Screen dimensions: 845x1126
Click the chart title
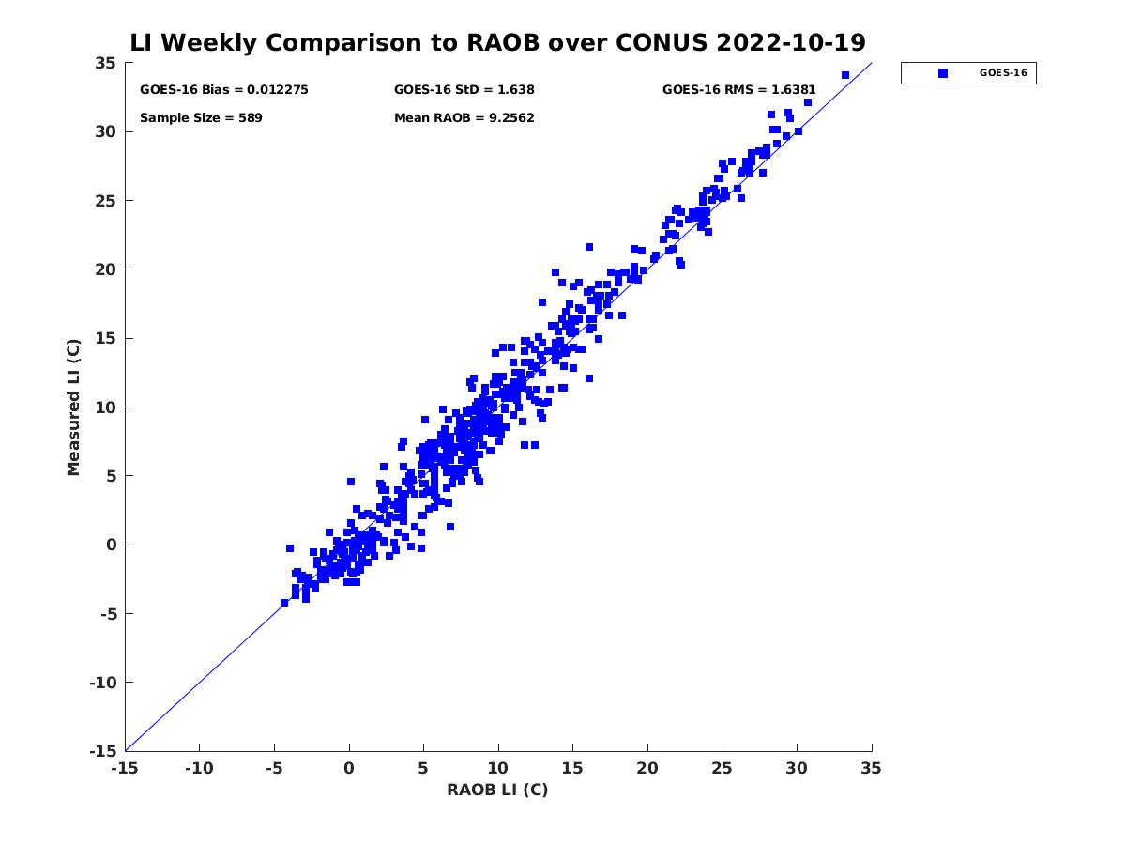click(497, 42)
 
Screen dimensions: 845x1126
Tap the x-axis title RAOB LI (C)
click(497, 790)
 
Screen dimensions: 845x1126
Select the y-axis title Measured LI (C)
click(74, 407)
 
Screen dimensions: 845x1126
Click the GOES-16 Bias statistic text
click(224, 90)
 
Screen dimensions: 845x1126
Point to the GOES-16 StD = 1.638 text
click(464, 90)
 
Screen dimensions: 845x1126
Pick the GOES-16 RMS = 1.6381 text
click(739, 90)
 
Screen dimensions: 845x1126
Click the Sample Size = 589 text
click(201, 118)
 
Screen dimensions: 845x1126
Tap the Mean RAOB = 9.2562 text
click(464, 118)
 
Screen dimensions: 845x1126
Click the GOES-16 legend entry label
click(1003, 73)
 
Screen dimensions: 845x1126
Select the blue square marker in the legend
click(943, 73)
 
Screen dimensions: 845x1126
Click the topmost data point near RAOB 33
click(845, 75)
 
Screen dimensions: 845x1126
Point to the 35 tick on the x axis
click(872, 769)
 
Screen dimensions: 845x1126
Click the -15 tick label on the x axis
click(125, 769)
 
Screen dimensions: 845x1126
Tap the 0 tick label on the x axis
click(349, 769)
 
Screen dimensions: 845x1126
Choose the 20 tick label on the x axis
click(647, 769)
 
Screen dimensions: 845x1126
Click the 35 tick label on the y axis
click(104, 63)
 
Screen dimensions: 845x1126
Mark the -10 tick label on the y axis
click(100, 683)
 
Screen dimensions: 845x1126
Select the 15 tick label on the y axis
click(104, 338)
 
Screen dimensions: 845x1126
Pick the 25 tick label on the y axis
click(104, 201)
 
